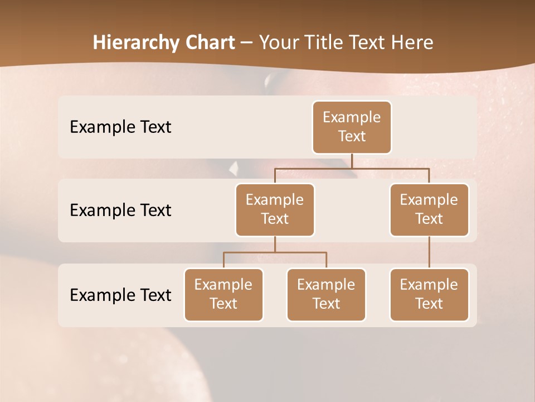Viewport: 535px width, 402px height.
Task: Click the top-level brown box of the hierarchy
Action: pos(352,127)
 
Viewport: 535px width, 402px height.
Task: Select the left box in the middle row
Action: pos(275,210)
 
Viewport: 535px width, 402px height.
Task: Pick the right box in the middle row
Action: pos(429,210)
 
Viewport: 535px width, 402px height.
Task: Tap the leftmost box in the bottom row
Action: pos(223,295)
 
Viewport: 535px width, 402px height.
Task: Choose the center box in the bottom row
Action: pos(326,295)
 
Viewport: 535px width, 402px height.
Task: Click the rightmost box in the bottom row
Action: pos(429,295)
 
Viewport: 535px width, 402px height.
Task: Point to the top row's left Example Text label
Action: pos(120,127)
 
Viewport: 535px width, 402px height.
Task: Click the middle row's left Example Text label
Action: pos(120,210)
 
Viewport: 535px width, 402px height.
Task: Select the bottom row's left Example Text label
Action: pos(120,295)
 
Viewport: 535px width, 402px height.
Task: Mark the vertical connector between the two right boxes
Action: pos(429,252)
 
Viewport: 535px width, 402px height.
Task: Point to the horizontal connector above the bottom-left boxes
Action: pos(275,253)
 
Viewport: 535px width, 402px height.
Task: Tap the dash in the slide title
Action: pos(247,43)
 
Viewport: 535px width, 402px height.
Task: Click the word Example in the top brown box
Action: pos(352,118)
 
